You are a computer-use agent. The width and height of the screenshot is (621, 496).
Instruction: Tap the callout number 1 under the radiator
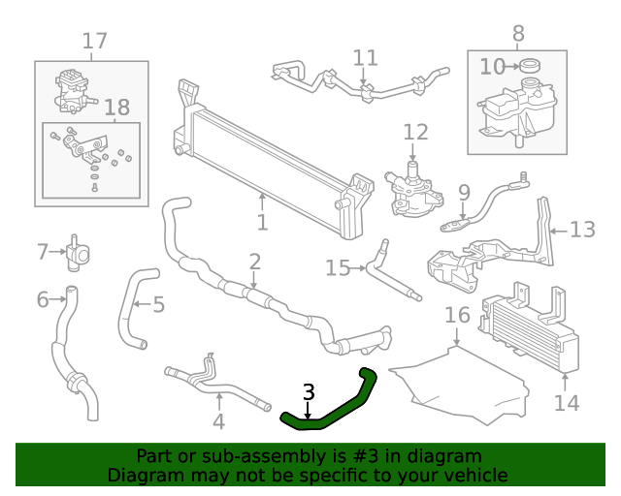click(x=262, y=223)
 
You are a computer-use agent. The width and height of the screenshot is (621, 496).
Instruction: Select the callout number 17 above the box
click(x=94, y=42)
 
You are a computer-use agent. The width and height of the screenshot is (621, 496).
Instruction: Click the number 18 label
click(x=115, y=108)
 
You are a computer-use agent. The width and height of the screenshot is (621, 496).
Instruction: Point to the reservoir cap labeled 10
click(x=529, y=66)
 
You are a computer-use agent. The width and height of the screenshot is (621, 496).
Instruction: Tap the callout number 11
click(x=365, y=57)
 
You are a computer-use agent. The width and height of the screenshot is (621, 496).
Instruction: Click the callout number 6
click(x=42, y=300)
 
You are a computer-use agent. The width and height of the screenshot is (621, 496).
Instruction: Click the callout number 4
click(x=218, y=421)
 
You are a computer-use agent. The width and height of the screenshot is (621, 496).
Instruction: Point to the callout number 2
click(x=254, y=262)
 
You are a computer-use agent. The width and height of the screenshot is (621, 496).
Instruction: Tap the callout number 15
click(x=338, y=267)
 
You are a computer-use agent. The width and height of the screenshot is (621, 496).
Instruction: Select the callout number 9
click(x=464, y=192)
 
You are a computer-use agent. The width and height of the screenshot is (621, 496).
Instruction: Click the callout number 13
click(x=582, y=230)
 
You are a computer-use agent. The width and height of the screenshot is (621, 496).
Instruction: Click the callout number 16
click(x=457, y=315)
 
